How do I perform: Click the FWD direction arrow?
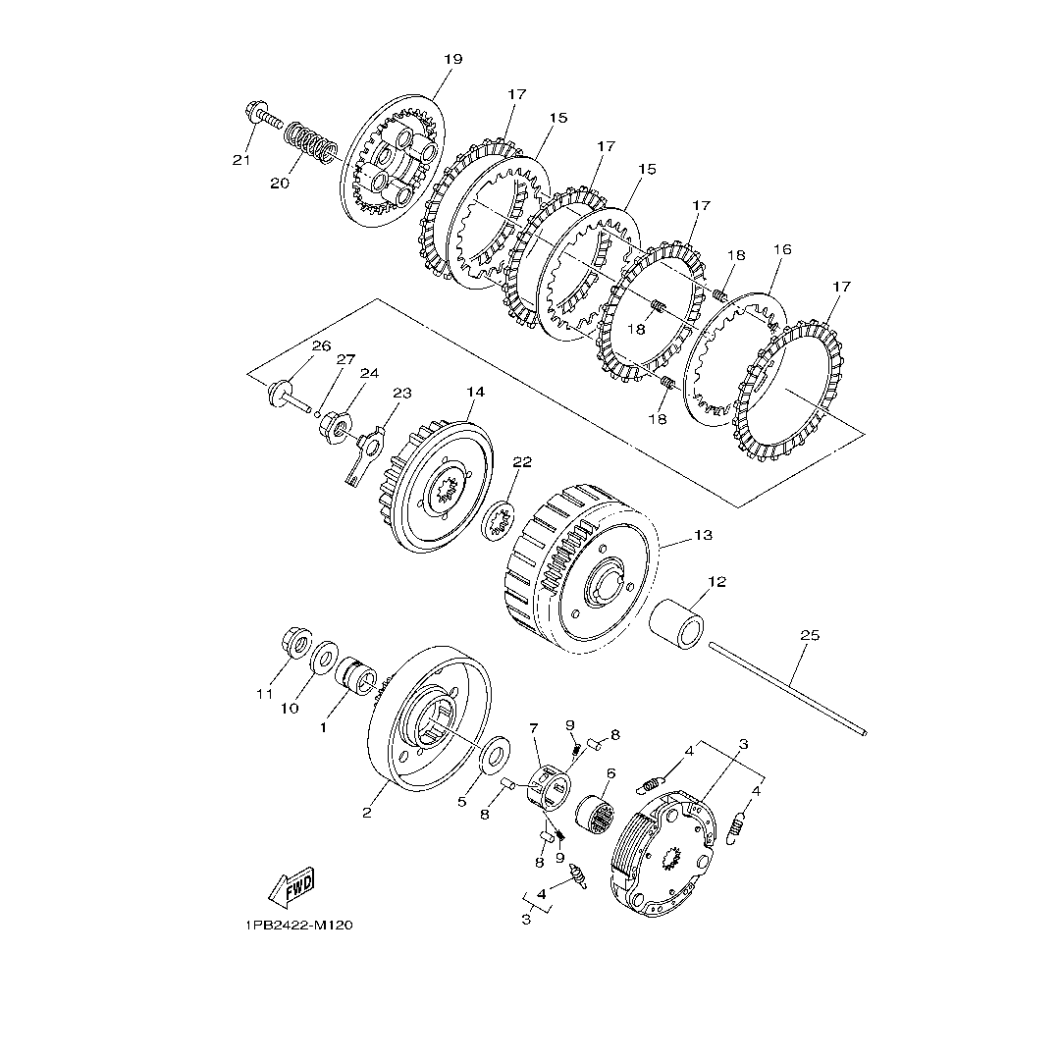291,887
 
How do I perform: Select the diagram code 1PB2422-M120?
299,925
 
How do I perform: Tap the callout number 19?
452,60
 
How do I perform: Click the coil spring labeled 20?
309,141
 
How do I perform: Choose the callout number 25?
810,635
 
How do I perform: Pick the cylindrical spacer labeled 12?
676,623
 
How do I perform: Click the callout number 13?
703,535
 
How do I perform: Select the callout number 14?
476,392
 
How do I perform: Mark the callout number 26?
321,346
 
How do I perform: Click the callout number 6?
610,773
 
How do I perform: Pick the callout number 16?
782,249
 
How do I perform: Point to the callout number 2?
366,814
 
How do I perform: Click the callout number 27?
346,359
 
